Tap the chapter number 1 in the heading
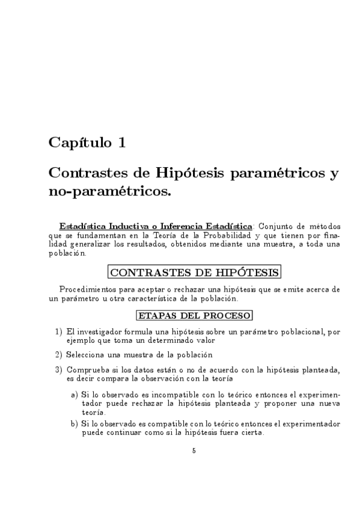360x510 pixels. (123, 143)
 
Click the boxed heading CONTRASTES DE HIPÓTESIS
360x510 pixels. (194, 272)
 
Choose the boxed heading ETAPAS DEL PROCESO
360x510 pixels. (194, 315)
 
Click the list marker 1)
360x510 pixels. (59, 331)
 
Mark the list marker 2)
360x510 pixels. (59, 354)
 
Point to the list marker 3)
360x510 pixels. (59, 369)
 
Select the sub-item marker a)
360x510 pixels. (75, 394)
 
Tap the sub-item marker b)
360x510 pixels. (75, 423)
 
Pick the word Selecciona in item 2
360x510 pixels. (86, 354)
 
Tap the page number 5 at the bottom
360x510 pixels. (194, 450)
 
